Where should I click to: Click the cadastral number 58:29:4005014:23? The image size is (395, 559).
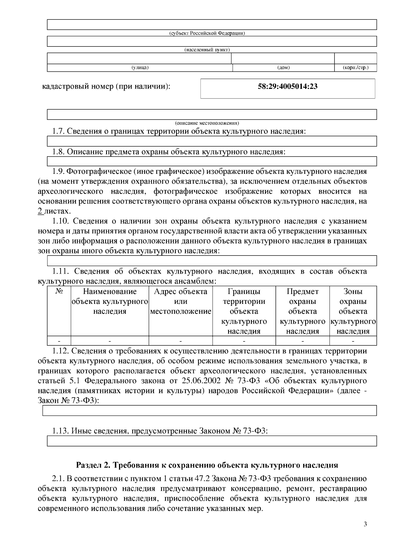287,87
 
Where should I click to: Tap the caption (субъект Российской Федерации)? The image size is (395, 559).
207,33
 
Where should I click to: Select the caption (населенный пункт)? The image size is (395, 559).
207,50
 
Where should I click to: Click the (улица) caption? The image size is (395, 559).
140,68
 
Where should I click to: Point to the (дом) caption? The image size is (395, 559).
283,68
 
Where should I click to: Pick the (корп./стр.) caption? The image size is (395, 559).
355,68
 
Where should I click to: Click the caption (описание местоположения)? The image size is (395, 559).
207,123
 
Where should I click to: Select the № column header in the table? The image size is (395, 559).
59,291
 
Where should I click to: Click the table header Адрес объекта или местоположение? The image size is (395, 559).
181,301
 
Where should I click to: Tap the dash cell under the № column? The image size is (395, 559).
59,341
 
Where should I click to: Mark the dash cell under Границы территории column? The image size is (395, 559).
244,341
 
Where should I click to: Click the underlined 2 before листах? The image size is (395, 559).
40,211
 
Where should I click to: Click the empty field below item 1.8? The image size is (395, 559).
212,161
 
